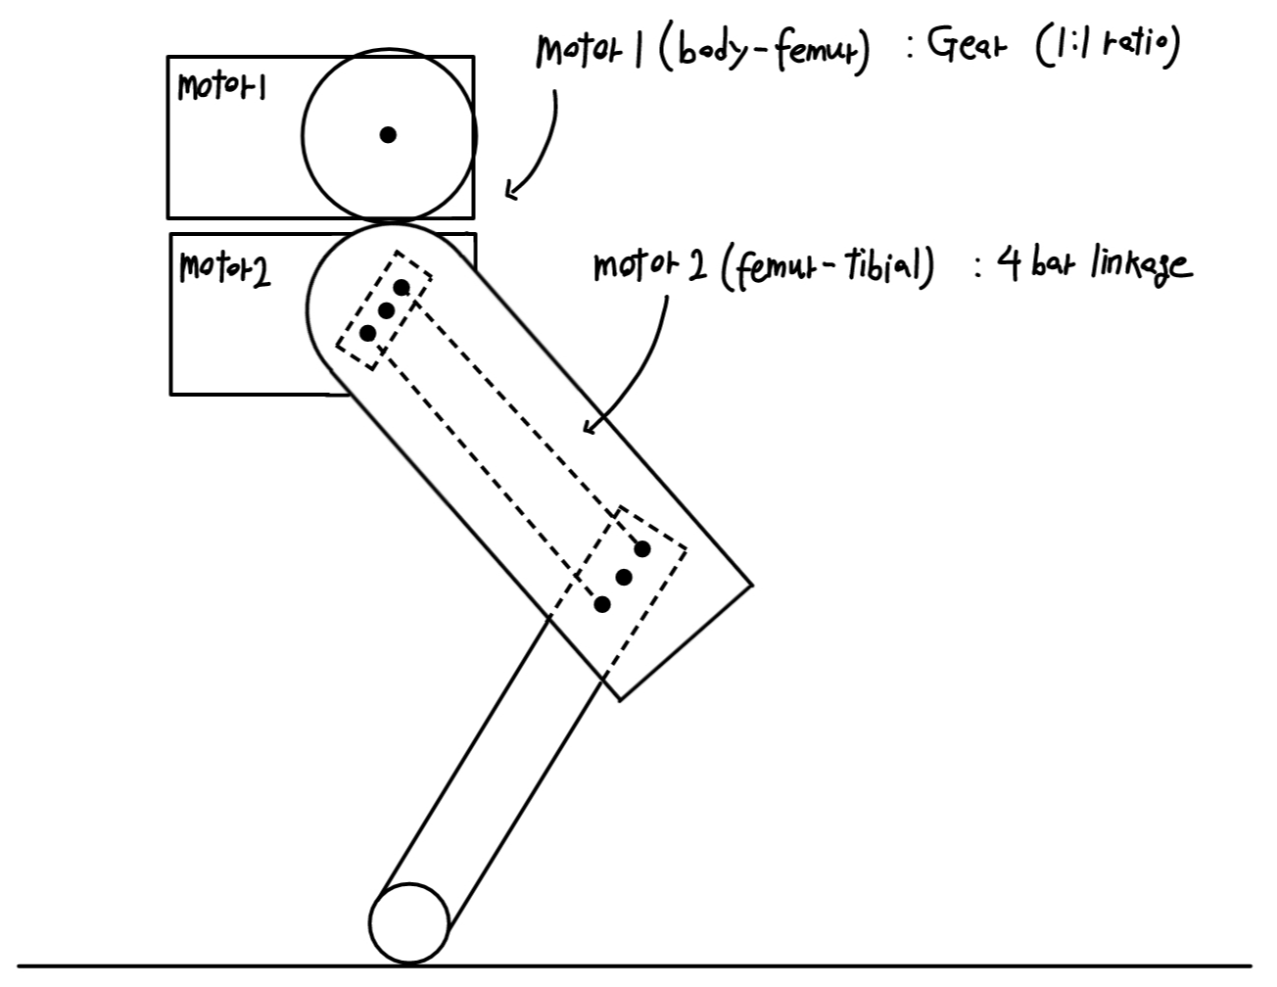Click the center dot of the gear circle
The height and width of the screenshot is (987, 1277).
coord(388,135)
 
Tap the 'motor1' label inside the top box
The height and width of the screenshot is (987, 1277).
coord(222,87)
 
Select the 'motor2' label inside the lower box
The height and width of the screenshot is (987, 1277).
coord(225,267)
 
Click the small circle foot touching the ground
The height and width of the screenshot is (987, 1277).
coord(409,923)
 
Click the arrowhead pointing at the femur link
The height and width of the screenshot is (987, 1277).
coord(590,427)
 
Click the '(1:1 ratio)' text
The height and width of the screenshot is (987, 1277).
coord(1107,46)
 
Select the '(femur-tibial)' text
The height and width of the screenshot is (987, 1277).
coord(828,265)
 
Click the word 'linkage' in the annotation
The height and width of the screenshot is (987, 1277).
coord(1141,264)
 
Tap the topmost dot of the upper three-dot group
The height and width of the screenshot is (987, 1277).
coord(402,287)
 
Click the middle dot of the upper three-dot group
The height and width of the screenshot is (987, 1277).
coord(386,310)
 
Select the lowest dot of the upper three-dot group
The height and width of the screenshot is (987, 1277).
coord(368,333)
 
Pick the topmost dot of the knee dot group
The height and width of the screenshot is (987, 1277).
coord(642,548)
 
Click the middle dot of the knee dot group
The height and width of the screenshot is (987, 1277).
coord(624,578)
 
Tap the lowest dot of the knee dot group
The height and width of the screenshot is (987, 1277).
coord(602,605)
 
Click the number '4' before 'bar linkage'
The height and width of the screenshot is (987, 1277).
coord(1008,262)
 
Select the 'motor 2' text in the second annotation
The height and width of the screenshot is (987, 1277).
coord(650,266)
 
